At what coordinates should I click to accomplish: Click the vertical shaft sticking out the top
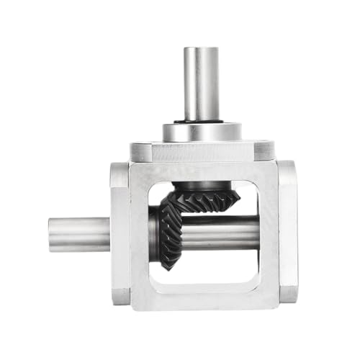[x=202, y=83]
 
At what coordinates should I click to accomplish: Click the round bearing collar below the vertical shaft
[x=202, y=132]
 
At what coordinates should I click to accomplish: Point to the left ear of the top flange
[x=141, y=152]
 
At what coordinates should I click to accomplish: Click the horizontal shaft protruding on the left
[x=79, y=234]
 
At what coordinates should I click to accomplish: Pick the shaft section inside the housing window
[x=223, y=232]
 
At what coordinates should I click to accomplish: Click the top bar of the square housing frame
[x=202, y=171]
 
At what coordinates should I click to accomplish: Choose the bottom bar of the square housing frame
[x=202, y=297]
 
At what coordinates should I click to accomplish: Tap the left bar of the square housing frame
[x=140, y=234]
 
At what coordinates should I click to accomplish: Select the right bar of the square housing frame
[x=268, y=234]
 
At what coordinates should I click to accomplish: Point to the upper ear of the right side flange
[x=287, y=173]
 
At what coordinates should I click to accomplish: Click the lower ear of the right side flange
[x=287, y=294]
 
